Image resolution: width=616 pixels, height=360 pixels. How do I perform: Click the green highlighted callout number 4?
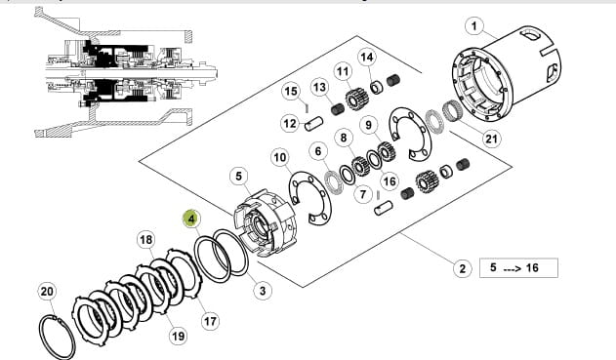(x=191, y=219)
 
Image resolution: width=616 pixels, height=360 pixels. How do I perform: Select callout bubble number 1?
(x=474, y=26)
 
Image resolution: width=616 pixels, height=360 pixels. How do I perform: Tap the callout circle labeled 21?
(x=491, y=139)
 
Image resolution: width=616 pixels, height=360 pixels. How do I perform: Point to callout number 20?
(x=47, y=292)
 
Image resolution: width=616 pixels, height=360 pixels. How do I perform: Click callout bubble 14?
(x=367, y=58)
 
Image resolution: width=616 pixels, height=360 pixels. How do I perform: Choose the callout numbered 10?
(x=280, y=158)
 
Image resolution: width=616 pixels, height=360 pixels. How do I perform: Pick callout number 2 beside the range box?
(x=463, y=268)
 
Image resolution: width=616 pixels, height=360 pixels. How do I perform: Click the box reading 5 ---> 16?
(x=518, y=267)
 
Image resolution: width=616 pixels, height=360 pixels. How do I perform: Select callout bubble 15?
(x=291, y=92)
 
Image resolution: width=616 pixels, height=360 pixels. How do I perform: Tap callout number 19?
(x=178, y=336)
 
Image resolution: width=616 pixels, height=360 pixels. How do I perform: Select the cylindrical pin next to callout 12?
(x=314, y=123)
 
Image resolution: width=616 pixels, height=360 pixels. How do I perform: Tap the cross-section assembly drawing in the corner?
(x=126, y=72)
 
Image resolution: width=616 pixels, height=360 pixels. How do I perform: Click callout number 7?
(x=363, y=194)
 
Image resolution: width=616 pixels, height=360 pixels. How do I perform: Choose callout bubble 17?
(x=210, y=322)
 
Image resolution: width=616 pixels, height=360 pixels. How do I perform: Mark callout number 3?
(x=263, y=291)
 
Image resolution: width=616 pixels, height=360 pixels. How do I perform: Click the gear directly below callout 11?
(x=356, y=99)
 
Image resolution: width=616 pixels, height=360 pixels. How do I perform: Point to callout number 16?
(x=390, y=181)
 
